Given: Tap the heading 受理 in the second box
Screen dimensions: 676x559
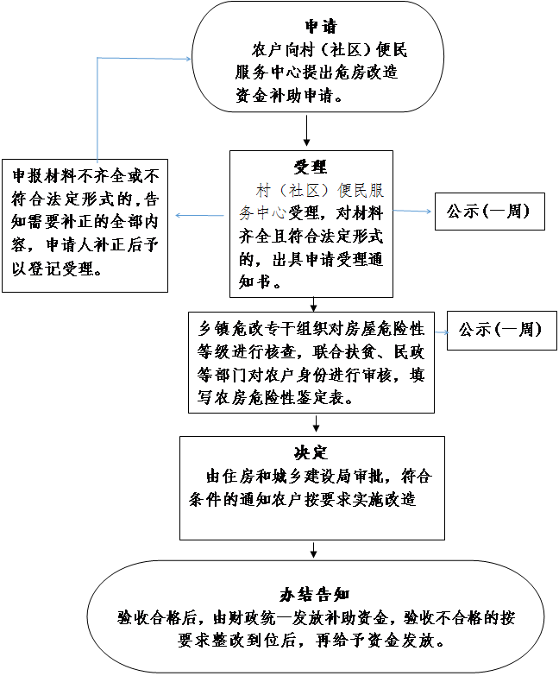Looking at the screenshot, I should click(x=311, y=167).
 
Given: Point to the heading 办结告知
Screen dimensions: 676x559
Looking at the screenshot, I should click(x=313, y=595).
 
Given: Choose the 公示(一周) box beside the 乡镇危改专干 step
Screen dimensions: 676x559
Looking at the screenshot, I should click(x=500, y=330).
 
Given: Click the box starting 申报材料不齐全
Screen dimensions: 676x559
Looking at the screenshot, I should click(x=85, y=223).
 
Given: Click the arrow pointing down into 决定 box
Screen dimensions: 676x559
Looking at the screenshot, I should click(x=317, y=423).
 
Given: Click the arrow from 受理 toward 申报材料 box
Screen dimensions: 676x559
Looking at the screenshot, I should click(x=198, y=215).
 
